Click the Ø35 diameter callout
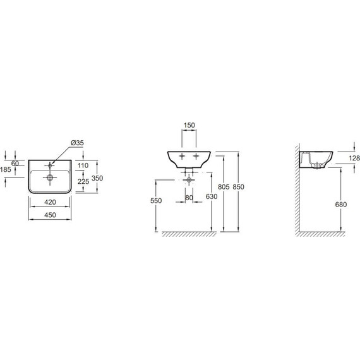(x=77, y=143)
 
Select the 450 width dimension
(x=50, y=215)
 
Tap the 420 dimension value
(x=50, y=202)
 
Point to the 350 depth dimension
(x=97, y=178)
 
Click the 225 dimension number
(x=83, y=181)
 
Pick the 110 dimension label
(x=83, y=165)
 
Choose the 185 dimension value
(x=6, y=169)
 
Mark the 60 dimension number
(x=15, y=164)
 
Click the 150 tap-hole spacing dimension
(x=189, y=125)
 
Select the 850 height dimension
(x=238, y=187)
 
